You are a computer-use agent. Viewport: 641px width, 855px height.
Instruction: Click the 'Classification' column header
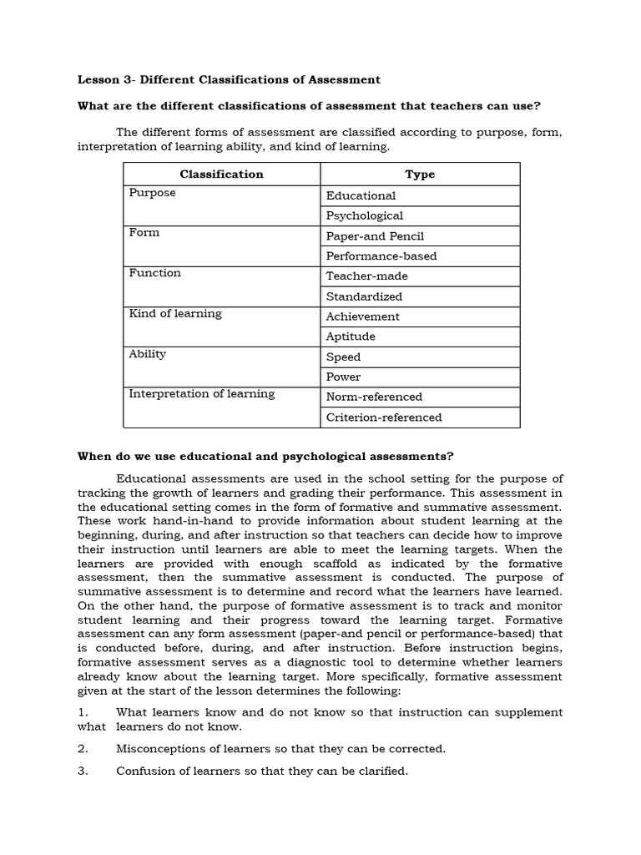[221, 174]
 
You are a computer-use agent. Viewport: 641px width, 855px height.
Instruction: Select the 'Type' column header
[420, 174]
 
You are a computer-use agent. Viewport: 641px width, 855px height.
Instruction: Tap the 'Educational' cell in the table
[361, 195]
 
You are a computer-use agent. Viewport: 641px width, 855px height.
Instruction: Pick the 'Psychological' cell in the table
[364, 215]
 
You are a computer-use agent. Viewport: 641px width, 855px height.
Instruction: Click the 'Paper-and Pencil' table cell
[375, 236]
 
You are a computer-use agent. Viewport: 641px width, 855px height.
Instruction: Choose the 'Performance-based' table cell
[381, 256]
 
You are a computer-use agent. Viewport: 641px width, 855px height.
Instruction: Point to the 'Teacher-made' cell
[366, 276]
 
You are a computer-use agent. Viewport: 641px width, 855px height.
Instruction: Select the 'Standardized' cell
[364, 296]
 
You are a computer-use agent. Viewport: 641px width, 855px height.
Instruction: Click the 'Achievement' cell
[362, 316]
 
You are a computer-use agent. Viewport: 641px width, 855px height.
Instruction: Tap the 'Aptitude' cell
[351, 336]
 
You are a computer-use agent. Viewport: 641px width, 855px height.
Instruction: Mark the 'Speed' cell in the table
[343, 357]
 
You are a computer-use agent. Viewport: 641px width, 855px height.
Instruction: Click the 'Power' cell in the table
[343, 377]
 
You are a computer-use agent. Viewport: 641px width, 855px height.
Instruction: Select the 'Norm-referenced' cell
[374, 397]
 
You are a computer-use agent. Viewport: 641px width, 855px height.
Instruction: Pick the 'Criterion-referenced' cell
[384, 417]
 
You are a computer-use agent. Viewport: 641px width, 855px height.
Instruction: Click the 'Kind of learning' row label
[175, 313]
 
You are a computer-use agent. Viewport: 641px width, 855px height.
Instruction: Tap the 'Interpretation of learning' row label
[201, 393]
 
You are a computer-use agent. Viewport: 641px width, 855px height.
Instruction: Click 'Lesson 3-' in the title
[105, 79]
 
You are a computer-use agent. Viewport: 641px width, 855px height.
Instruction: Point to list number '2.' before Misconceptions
[83, 748]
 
